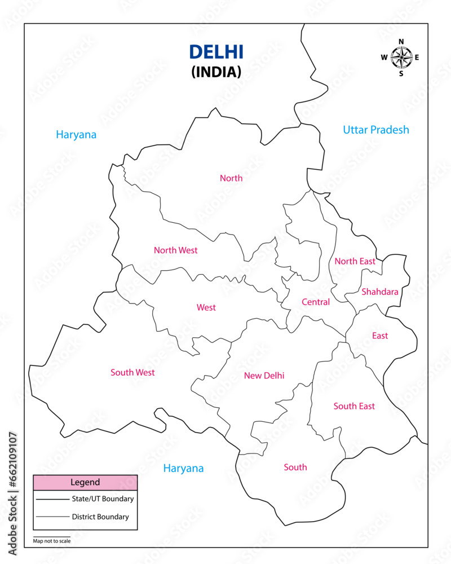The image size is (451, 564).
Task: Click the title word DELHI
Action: tap(216, 52)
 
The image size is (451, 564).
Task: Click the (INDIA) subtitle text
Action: tap(216, 72)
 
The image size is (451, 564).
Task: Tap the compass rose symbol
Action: tap(401, 56)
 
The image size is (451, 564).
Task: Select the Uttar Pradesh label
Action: tap(376, 130)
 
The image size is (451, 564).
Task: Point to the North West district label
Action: tap(176, 250)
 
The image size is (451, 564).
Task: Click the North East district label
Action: tap(355, 261)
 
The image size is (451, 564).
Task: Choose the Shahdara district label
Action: tap(379, 292)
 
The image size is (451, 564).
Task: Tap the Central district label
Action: tap(316, 302)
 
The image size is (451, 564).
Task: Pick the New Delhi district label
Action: tap(264, 376)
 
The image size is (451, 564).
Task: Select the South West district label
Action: tap(132, 372)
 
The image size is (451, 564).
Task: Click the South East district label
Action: tap(354, 406)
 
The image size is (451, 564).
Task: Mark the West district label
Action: tap(206, 307)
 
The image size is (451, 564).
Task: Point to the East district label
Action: tap(380, 336)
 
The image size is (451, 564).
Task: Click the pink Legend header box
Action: tap(85, 482)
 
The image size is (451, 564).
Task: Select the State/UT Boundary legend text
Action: tap(103, 499)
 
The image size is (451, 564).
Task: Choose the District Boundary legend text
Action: tap(100, 517)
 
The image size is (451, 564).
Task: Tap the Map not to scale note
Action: tap(52, 541)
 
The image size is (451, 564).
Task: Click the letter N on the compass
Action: tap(401, 42)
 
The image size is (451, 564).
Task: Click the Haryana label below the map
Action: tap(183, 468)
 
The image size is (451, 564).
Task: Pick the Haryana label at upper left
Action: tap(76, 135)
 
